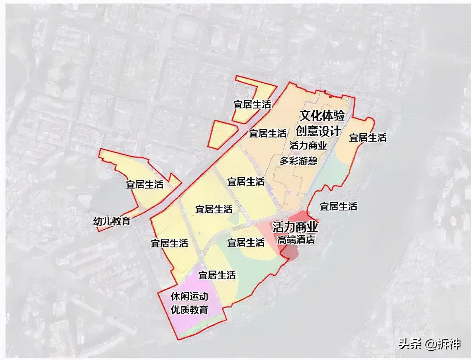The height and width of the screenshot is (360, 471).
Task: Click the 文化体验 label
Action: tap(322, 116)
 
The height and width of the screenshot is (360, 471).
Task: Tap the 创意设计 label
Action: tap(318, 131)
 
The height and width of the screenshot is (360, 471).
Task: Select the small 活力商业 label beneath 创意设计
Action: tap(308, 146)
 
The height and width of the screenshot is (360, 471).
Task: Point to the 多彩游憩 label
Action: tap(298, 161)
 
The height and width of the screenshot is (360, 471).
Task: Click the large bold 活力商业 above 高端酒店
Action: tap(295, 227)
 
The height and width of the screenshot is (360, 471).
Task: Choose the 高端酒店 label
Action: tap(296, 239)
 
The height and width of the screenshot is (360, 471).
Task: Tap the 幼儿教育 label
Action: tap(112, 221)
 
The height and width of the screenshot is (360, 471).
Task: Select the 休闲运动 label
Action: tap(189, 297)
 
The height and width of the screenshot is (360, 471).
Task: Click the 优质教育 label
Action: tap(189, 310)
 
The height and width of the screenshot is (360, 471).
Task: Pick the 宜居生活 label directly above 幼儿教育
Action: tap(145, 184)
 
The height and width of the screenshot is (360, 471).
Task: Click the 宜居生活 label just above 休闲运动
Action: tap(217, 275)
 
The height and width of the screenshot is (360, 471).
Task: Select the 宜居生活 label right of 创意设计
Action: tap(367, 138)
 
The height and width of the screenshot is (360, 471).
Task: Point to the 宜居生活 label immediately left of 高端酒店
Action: tap(246, 242)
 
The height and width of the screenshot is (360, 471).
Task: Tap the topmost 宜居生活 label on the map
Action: tap(252, 104)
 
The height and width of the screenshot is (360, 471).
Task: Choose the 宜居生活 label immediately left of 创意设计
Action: tap(267, 133)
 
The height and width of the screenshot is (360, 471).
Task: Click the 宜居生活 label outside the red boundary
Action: tap(338, 206)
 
